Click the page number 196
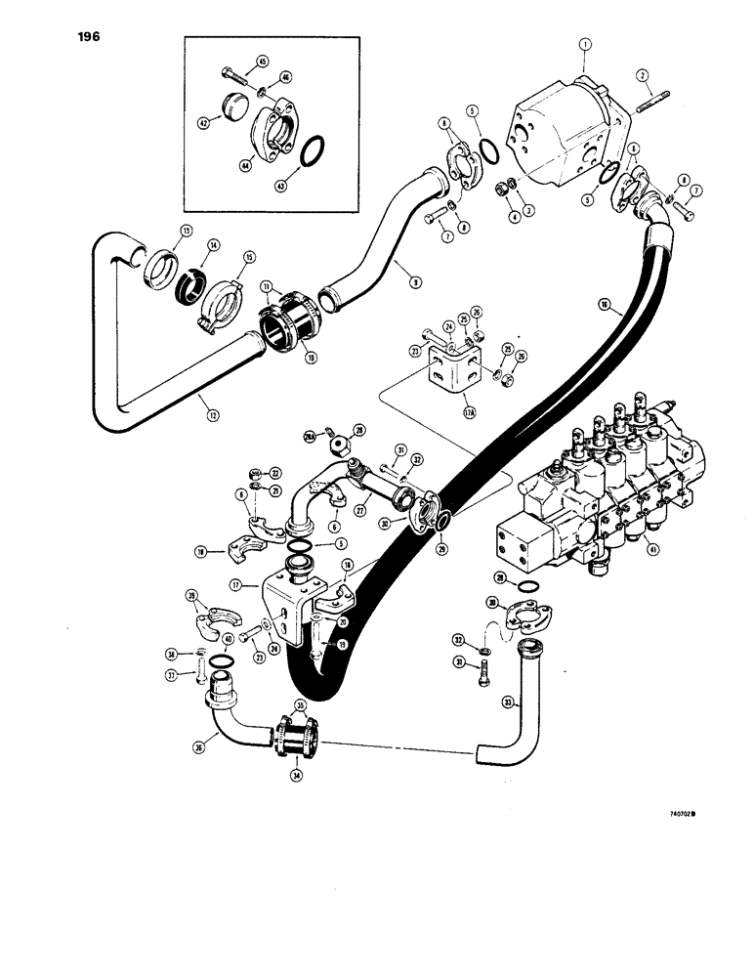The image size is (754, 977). click(x=85, y=37)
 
